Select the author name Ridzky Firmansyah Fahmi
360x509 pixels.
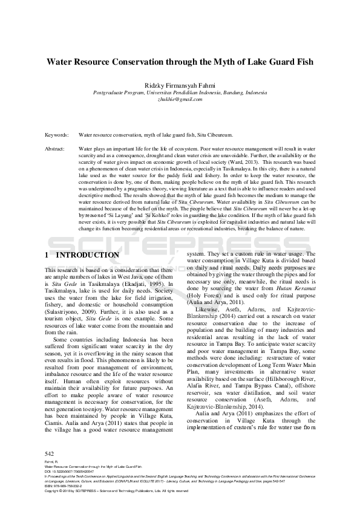click(x=180, y=85)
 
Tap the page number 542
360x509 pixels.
click(x=50, y=453)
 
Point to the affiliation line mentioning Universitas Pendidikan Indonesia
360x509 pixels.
click(x=180, y=92)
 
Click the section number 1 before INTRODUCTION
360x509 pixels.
click(x=48, y=256)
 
